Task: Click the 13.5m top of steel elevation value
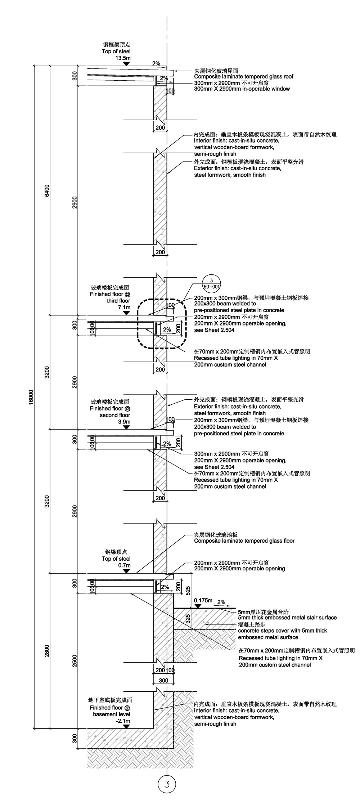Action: tap(123, 58)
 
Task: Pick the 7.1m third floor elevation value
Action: tap(124, 307)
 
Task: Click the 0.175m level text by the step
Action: tap(203, 600)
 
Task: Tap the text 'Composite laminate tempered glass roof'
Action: tap(244, 76)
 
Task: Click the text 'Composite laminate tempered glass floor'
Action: tap(244, 540)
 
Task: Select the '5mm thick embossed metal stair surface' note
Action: tap(287, 618)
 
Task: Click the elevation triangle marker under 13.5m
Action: tap(126, 64)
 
